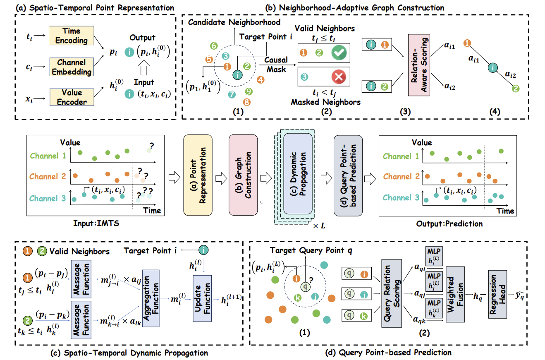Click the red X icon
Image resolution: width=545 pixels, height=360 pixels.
click(339, 77)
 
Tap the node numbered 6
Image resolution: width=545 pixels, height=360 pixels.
click(213, 46)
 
